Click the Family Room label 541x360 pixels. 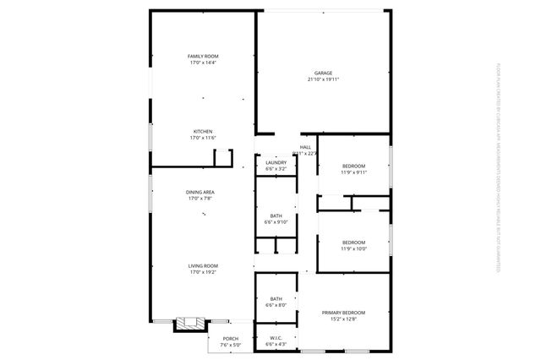click(202, 56)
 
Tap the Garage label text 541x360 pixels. click(322, 74)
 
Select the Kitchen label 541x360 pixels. click(202, 131)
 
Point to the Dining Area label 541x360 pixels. click(200, 193)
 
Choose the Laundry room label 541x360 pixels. click(276, 163)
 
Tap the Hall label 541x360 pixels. click(305, 147)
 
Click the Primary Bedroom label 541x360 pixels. click(342, 313)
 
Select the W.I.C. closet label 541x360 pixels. click(276, 337)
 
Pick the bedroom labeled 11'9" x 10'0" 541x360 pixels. click(353, 246)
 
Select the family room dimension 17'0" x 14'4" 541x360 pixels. click(202, 63)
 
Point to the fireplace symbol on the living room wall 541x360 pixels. click(187, 322)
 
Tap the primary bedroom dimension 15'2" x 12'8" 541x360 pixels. click(342, 319)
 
